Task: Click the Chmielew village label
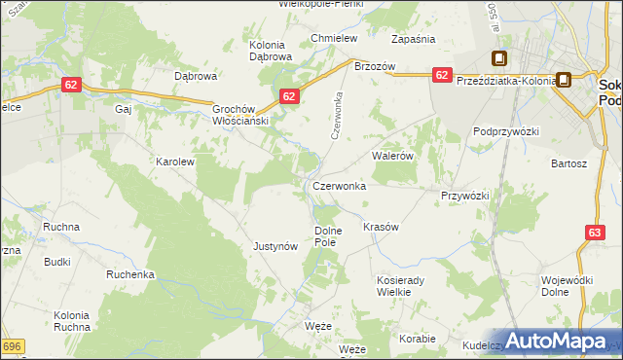[334, 38]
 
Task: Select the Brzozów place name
[375, 66]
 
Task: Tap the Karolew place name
[176, 162]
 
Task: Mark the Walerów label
[393, 155]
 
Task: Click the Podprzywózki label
[505, 131]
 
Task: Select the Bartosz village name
[569, 164]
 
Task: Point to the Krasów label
[381, 227]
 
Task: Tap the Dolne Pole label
[326, 236]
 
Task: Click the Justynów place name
[275, 246]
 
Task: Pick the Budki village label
[57, 262]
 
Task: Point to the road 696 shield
[12, 346]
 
